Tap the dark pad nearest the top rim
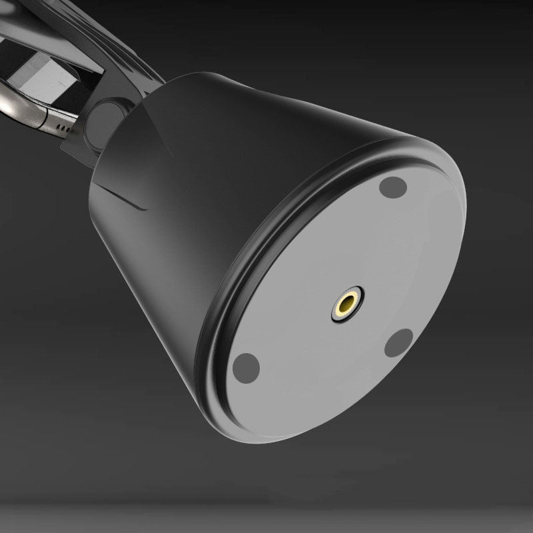click(x=393, y=187)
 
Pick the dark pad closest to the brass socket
click(x=399, y=343)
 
